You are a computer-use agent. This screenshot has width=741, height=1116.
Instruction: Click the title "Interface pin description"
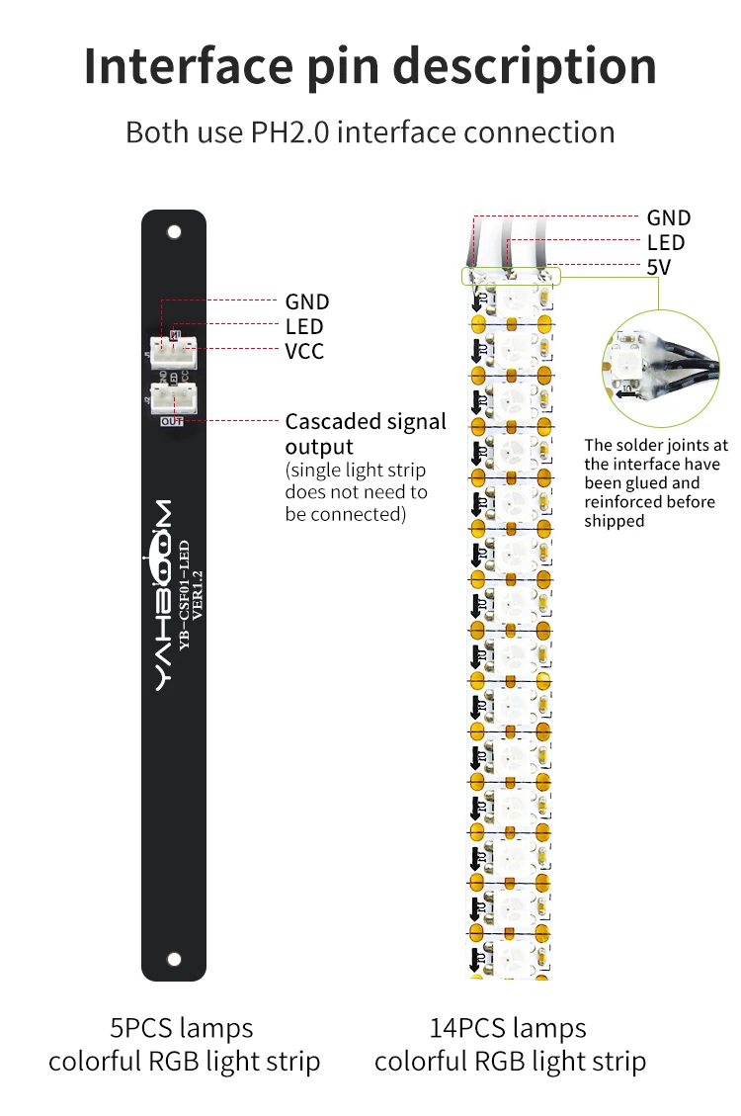point(370,65)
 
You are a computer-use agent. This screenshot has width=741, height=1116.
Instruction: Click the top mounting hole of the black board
point(174,232)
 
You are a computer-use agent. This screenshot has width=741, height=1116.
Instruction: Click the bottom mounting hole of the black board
point(174,958)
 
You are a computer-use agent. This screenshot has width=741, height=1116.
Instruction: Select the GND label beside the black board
point(307,301)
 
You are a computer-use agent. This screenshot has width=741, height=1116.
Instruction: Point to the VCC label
point(304,351)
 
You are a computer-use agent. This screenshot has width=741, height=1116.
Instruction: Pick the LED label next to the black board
point(304,326)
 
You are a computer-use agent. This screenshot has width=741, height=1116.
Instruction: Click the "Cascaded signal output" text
point(366,434)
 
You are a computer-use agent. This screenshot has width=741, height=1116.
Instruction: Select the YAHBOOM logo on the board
point(162,594)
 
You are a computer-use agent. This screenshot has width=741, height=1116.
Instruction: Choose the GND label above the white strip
point(669,217)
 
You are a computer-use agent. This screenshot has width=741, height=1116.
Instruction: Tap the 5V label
point(659,267)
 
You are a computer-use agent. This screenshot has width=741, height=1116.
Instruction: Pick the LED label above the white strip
point(666,242)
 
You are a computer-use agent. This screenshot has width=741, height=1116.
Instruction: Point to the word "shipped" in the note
point(614,521)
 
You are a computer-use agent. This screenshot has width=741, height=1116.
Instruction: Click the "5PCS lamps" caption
point(181,1028)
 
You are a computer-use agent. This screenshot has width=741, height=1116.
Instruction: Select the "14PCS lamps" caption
point(508,1028)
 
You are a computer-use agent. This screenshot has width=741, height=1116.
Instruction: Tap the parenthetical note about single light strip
point(356,491)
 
